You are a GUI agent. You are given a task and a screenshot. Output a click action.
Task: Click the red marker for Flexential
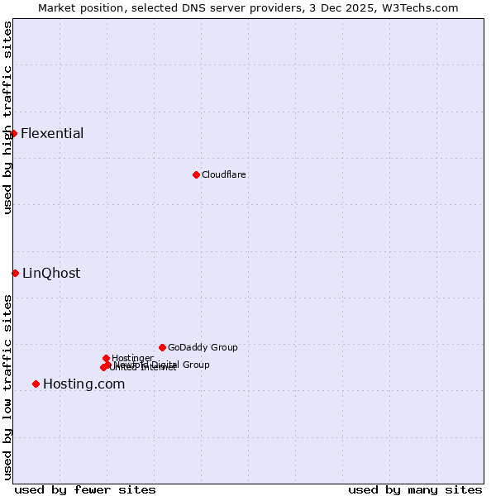(x=13, y=133)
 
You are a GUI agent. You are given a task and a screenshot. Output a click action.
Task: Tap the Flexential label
(x=52, y=134)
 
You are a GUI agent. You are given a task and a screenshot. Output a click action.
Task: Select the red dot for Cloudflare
(x=196, y=174)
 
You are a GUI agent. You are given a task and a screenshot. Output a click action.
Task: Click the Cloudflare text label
(x=223, y=174)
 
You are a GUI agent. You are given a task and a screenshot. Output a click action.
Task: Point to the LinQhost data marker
(x=15, y=273)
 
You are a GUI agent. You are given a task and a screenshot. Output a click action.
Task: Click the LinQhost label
(x=51, y=274)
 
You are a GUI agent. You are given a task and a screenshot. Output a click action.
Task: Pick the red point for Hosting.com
(x=36, y=384)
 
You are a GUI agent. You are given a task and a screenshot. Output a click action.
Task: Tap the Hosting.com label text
(x=83, y=384)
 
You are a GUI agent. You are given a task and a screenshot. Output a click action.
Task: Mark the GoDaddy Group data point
(x=162, y=347)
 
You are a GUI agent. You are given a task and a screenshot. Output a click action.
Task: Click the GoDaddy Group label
(x=203, y=347)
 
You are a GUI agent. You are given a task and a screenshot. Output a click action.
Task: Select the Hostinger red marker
(x=106, y=358)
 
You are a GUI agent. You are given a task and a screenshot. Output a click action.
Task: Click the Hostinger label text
(x=132, y=358)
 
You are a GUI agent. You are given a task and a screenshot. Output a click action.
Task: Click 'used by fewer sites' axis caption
(x=85, y=489)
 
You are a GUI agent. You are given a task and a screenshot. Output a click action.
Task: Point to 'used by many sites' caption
(x=415, y=489)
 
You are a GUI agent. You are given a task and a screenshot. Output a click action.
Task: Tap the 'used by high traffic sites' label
(x=7, y=117)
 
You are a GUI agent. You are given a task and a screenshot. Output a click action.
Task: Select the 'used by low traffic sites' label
(x=7, y=387)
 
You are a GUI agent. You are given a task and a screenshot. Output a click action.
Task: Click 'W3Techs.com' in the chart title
(x=422, y=7)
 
